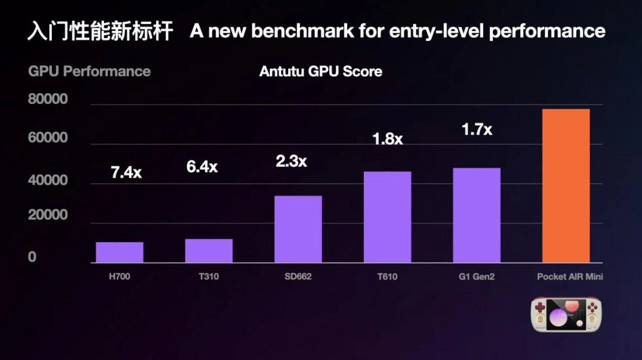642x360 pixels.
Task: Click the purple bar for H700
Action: (119, 252)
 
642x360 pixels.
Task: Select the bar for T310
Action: (209, 250)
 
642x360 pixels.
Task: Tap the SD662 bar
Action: (298, 229)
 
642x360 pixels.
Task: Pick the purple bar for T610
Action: (387, 217)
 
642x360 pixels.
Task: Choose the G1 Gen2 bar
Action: (476, 215)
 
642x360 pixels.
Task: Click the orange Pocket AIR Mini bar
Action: (566, 185)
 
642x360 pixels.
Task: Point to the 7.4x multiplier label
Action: (126, 173)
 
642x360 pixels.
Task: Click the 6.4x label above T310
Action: (202, 167)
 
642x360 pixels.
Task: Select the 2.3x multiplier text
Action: (291, 161)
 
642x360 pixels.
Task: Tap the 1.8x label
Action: (387, 139)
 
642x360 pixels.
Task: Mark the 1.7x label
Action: (477, 129)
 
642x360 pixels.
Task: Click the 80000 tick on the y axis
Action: (48, 99)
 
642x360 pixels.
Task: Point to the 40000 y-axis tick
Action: (48, 181)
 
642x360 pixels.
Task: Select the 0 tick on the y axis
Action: (32, 257)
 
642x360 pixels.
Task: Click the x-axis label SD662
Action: (298, 277)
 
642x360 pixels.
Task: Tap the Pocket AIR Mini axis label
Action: (570, 277)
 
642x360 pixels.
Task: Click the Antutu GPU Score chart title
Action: (320, 72)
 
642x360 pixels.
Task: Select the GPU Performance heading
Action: (89, 71)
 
